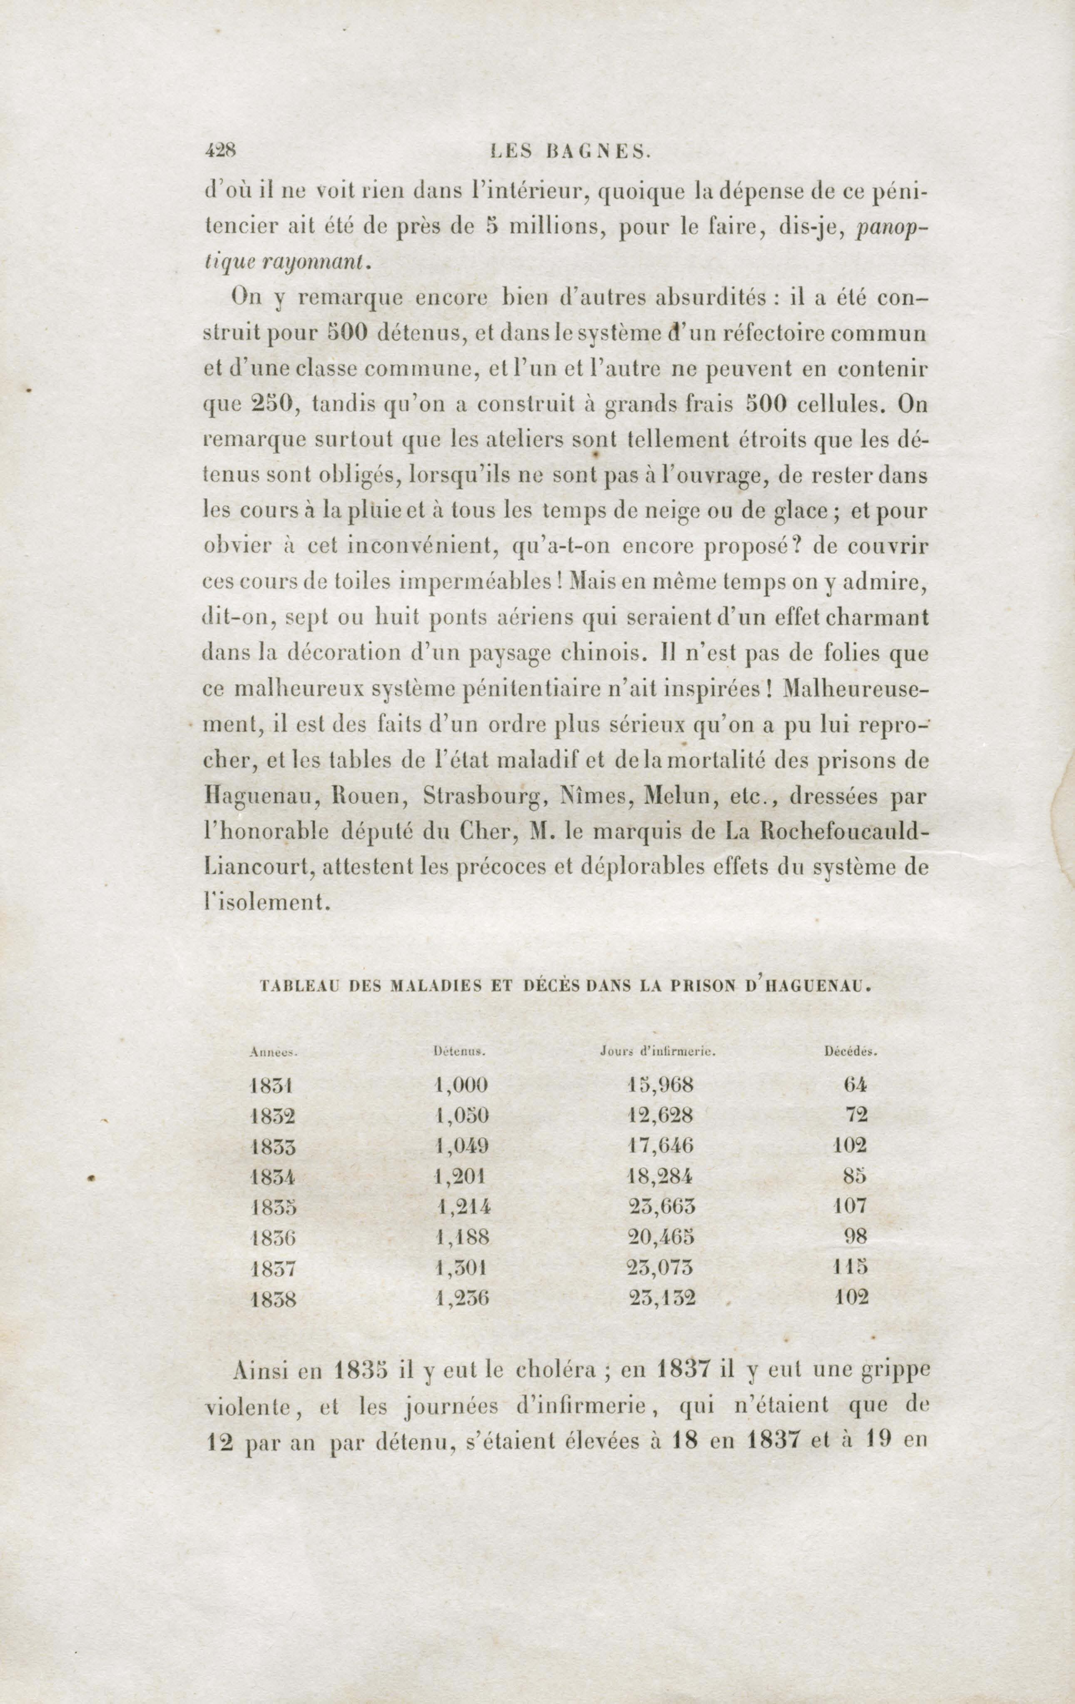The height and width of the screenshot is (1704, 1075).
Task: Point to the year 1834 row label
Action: pyautogui.click(x=272, y=1177)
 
